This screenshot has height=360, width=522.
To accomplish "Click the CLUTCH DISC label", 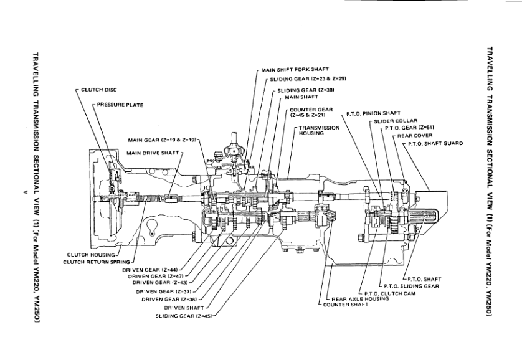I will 96,90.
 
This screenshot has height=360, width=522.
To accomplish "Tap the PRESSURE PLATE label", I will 120,105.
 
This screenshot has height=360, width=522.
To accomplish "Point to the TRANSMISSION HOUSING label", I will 319,130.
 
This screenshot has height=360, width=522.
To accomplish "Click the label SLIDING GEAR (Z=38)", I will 306,90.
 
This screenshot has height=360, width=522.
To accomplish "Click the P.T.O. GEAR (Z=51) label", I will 409,127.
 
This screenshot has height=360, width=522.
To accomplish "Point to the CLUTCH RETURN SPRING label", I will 96,262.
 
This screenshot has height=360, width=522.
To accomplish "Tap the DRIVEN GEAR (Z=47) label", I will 154,275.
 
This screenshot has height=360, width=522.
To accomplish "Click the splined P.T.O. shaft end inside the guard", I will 426,221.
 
